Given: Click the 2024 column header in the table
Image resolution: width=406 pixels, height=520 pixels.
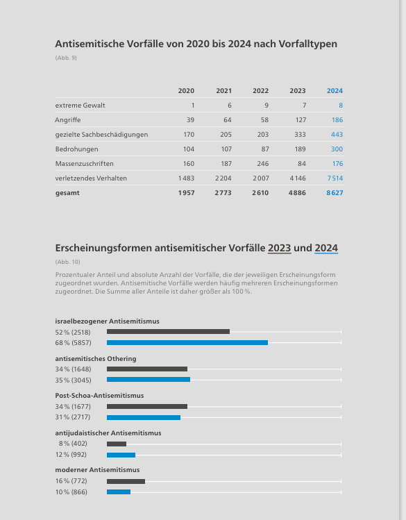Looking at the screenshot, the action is [x=335, y=91].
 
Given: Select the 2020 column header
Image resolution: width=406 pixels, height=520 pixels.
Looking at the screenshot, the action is [x=186, y=91].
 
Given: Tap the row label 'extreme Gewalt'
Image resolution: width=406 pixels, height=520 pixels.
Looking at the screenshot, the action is [x=81, y=106].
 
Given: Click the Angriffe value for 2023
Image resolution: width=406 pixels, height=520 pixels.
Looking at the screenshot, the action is [x=301, y=120].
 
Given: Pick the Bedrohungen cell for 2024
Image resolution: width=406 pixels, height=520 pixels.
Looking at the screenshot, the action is [x=337, y=149].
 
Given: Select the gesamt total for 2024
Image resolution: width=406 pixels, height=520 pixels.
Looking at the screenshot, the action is [x=335, y=193].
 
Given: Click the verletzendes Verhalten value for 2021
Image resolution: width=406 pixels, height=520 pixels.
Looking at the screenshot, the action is [x=223, y=178].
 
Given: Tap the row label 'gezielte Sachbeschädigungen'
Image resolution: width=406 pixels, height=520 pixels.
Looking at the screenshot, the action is [x=102, y=135].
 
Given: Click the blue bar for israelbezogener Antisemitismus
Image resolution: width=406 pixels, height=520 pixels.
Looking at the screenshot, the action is [x=187, y=342].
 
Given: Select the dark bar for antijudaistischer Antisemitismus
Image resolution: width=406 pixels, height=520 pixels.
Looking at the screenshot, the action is [x=117, y=444].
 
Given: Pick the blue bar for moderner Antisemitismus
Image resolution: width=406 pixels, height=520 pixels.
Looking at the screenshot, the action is [x=119, y=492].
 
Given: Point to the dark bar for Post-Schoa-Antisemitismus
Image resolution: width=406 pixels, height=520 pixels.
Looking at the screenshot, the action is [x=147, y=407].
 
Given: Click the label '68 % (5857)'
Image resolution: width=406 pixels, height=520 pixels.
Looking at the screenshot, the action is [x=74, y=343].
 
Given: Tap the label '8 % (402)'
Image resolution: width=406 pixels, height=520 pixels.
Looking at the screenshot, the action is [x=73, y=444].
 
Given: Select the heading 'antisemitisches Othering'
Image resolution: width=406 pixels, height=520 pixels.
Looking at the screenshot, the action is [x=96, y=359].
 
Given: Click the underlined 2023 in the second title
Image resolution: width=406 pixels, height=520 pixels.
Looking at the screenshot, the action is [x=280, y=248].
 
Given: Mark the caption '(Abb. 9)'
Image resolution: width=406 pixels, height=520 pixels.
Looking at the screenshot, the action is [x=66, y=58].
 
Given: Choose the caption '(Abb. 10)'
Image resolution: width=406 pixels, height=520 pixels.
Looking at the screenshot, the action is [x=67, y=262].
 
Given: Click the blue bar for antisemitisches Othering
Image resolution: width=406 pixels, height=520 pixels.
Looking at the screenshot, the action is [x=149, y=380].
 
